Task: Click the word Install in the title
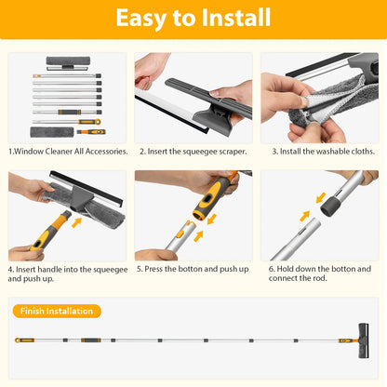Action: click(236, 18)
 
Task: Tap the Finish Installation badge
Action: click(57, 311)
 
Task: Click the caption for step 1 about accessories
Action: click(68, 152)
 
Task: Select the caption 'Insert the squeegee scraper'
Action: click(193, 152)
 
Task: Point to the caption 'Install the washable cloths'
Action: click(324, 152)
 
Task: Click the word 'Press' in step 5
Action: click(153, 269)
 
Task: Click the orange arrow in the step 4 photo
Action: click(76, 222)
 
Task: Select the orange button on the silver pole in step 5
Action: click(180, 234)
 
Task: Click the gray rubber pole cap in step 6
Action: click(329, 207)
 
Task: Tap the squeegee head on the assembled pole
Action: click(364, 340)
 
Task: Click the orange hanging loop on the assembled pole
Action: click(18, 340)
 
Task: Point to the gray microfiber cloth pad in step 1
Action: click(52, 132)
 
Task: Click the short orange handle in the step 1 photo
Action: click(91, 132)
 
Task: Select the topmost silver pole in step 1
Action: click(67, 76)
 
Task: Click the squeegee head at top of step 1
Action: click(68, 63)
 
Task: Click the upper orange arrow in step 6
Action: click(321, 197)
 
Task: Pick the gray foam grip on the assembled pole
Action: click(91, 340)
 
